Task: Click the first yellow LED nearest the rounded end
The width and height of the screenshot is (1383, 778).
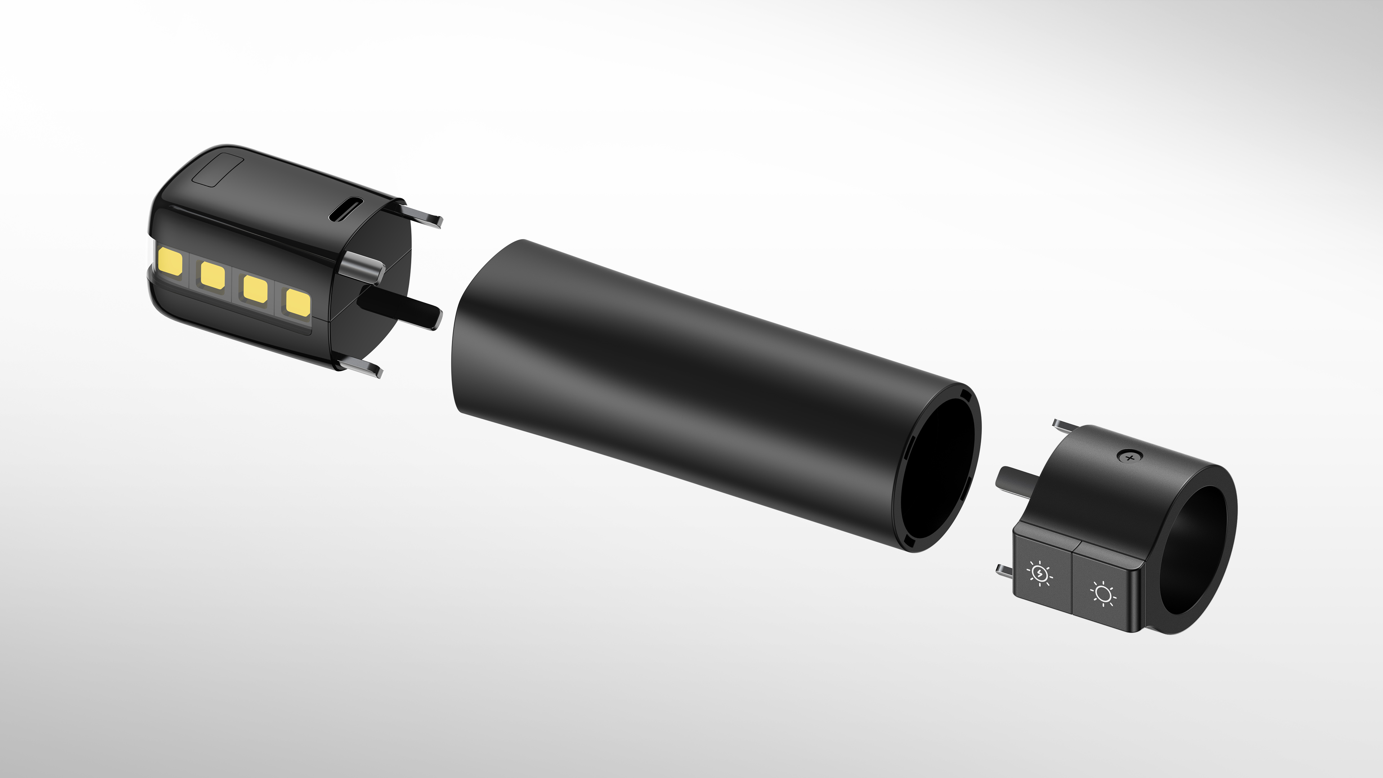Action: coord(171,262)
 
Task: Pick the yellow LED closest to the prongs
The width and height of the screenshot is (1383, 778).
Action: coord(298,302)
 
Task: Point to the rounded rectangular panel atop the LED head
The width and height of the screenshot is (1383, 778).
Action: coord(218,170)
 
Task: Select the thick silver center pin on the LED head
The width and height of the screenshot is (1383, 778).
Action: coord(362,267)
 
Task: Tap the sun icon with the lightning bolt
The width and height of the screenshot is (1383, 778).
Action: coord(1040,573)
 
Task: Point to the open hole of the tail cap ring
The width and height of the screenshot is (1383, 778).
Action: coord(1193,550)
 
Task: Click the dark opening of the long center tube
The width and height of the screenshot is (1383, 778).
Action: coord(937,467)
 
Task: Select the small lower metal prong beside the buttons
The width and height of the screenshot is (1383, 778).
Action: coord(1004,571)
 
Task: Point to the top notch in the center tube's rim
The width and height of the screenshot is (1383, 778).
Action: coord(965,396)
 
